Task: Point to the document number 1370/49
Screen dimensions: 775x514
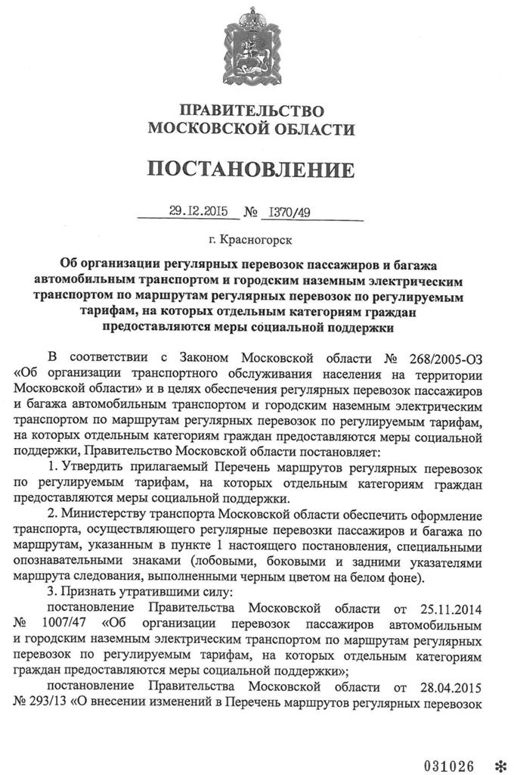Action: pos(284,213)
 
